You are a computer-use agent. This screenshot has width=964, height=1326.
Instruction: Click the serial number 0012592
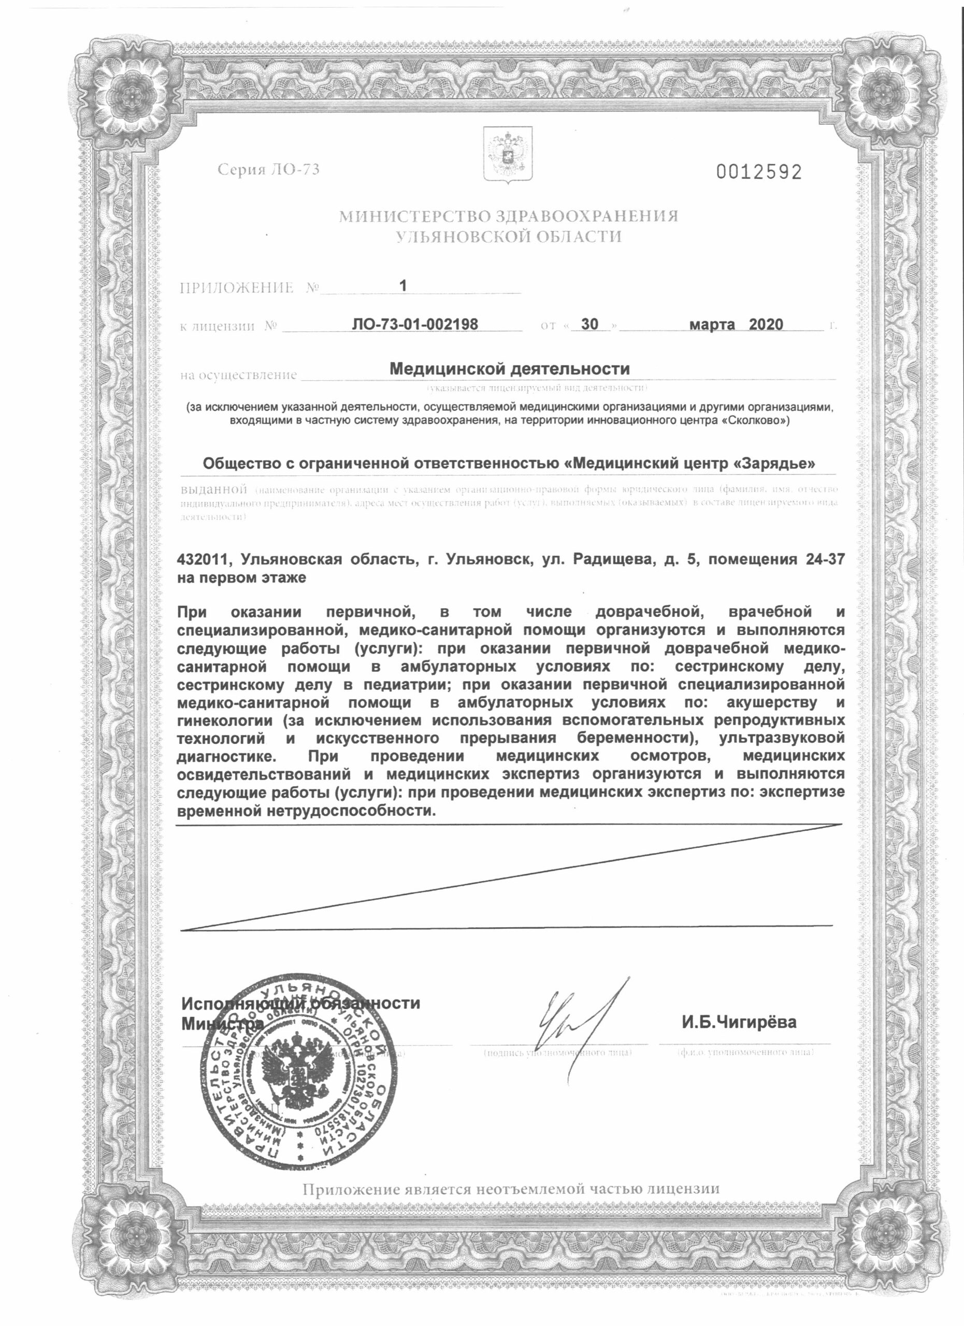tap(759, 172)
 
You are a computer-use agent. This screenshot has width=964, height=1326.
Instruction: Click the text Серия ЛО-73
tap(269, 169)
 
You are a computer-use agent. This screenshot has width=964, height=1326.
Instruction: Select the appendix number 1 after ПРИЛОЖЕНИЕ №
tap(402, 285)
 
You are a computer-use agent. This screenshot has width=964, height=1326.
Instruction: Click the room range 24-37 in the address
tap(824, 559)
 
